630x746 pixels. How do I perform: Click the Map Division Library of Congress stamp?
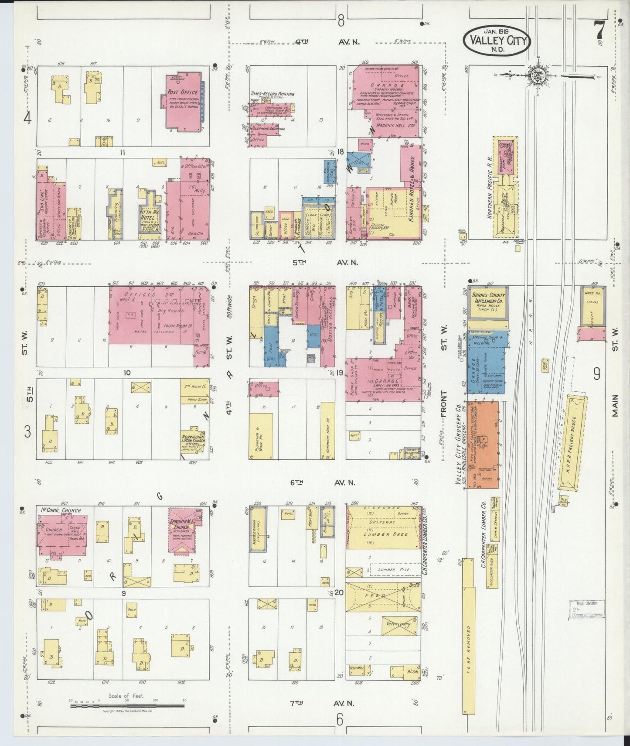[x=586, y=609]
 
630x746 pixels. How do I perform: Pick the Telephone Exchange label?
[x=268, y=129]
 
